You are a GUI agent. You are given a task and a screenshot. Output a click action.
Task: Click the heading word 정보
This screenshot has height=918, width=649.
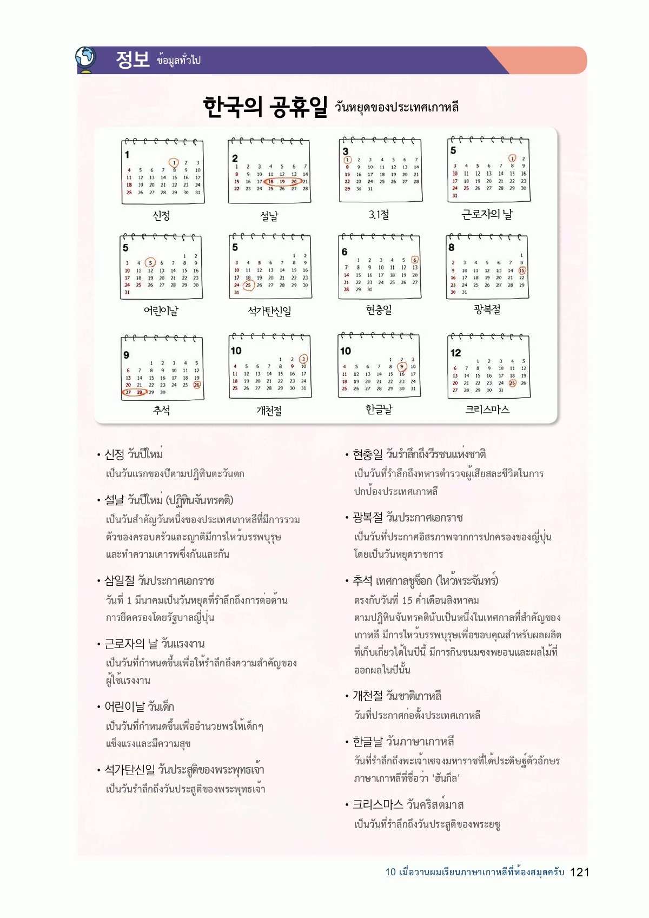(133, 59)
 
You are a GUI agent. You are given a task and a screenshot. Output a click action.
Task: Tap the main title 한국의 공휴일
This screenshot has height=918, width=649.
(266, 107)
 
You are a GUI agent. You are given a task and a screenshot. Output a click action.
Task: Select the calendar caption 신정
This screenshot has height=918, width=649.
(162, 216)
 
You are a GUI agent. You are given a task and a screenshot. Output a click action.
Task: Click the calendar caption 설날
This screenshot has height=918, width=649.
(269, 216)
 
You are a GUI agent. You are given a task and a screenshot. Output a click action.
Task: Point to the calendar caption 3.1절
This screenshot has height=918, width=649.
(379, 215)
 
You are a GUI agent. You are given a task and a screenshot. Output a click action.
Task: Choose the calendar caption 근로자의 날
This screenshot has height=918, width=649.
(487, 215)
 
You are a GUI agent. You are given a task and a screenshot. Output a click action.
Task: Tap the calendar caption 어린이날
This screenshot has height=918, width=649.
(161, 311)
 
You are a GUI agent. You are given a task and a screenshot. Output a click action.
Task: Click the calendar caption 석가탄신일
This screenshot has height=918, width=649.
(269, 311)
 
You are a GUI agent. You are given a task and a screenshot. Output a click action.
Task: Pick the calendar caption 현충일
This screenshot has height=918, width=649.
(379, 310)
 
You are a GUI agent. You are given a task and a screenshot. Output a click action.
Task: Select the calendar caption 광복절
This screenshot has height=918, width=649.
(487, 309)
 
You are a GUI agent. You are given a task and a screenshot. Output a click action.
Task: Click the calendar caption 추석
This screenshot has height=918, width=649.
(162, 410)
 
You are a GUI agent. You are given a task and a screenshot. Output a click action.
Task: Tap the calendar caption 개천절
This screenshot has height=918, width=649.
(269, 411)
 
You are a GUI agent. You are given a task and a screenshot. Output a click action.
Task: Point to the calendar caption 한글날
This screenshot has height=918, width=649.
(379, 410)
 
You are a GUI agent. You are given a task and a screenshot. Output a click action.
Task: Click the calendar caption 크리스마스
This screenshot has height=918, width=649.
(487, 410)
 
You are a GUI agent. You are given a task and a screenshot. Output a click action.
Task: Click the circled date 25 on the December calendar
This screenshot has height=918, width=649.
(512, 383)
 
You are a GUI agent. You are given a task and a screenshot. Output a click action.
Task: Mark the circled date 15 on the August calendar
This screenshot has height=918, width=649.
(522, 270)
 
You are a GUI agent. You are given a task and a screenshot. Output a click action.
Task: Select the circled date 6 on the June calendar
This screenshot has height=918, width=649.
(415, 260)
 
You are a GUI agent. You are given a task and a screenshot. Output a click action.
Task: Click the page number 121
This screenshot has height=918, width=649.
(580, 872)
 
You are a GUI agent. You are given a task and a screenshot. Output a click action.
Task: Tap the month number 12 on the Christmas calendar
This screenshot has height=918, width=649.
(455, 353)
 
